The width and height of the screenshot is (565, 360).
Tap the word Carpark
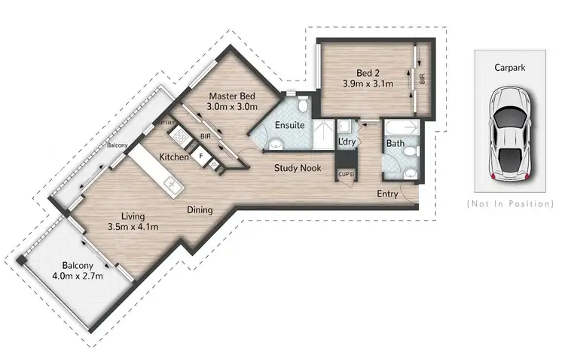coord(509,67)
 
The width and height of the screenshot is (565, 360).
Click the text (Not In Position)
coord(510,204)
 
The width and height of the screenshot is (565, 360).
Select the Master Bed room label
coord(232,96)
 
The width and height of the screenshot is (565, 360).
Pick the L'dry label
coord(347,142)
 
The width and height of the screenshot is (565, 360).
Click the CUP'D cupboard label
coord(346,174)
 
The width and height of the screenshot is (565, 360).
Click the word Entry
coord(389,194)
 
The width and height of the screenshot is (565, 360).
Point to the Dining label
coord(200,210)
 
